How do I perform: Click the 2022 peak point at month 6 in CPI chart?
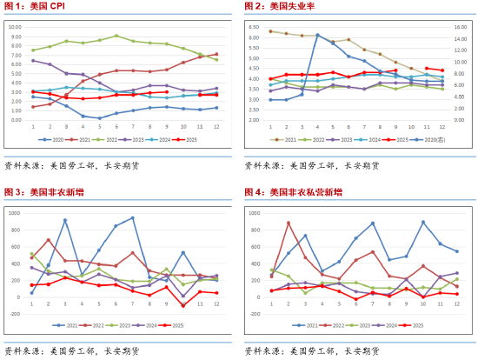(116, 37)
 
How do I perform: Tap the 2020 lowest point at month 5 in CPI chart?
(100, 117)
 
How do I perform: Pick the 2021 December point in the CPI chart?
(216, 54)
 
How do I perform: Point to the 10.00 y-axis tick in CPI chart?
(15, 26)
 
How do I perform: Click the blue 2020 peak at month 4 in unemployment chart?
(318, 35)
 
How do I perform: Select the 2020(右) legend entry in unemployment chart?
(431, 139)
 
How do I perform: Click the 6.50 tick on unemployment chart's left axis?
(254, 26)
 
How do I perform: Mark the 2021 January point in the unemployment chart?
(270, 31)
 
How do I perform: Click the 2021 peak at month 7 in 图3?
(133, 218)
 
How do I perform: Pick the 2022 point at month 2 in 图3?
(49, 240)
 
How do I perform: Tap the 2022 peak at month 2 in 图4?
(288, 223)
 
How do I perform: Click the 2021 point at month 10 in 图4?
(423, 222)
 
